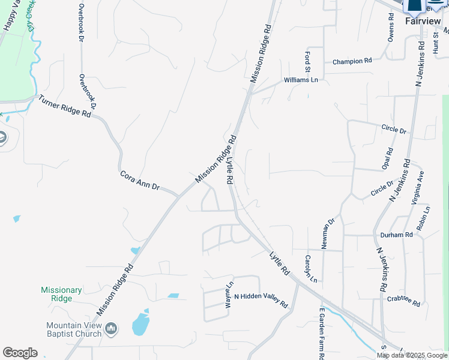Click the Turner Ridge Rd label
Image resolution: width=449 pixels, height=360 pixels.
click(x=65, y=106)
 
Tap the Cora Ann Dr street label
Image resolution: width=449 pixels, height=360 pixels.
click(x=139, y=181)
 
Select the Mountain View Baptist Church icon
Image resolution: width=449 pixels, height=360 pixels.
click(x=110, y=328)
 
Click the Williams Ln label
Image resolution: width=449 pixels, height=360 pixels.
click(x=301, y=80)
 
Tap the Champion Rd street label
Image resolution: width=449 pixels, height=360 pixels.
click(x=352, y=61)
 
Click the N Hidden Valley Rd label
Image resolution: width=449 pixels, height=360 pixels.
click(x=261, y=300)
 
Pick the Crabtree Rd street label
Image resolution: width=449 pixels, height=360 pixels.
click(x=403, y=301)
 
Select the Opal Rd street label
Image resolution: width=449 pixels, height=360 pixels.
click(x=389, y=158)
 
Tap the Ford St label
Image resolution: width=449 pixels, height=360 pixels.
click(x=307, y=60)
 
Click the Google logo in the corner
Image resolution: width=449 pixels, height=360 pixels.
click(x=20, y=353)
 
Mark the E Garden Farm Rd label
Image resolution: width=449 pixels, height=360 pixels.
click(x=322, y=333)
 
